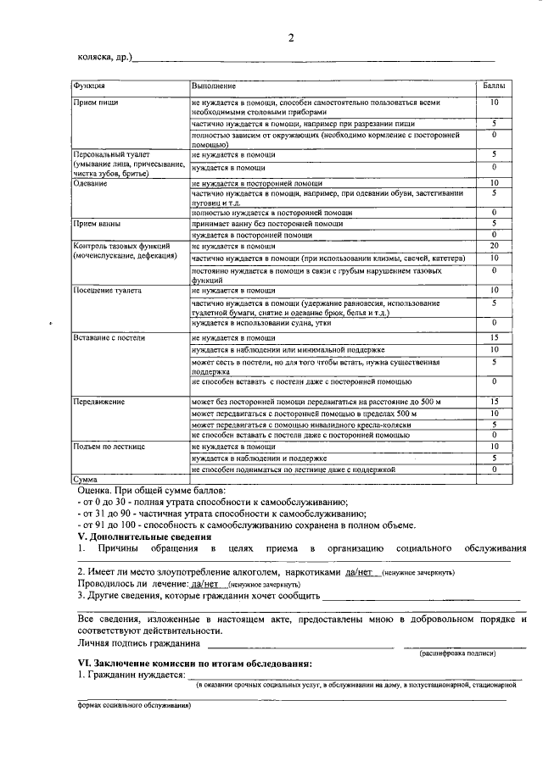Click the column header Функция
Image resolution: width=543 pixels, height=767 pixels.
pyautogui.click(x=89, y=86)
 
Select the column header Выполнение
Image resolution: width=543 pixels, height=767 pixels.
pyautogui.click(x=213, y=86)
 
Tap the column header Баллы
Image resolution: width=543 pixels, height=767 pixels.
pyautogui.click(x=493, y=86)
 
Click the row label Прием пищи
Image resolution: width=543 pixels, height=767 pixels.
pyautogui.click(x=95, y=103)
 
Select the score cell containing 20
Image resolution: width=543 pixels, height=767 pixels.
pyautogui.click(x=493, y=246)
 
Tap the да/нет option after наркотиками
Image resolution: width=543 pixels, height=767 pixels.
pyautogui.click(x=360, y=573)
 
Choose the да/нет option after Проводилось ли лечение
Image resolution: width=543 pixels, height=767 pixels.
pyautogui.click(x=207, y=584)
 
